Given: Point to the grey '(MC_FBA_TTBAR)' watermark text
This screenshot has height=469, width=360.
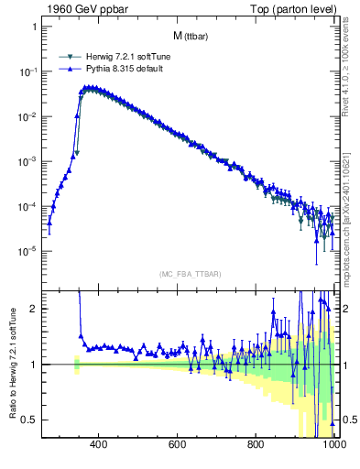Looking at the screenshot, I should (189, 274).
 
